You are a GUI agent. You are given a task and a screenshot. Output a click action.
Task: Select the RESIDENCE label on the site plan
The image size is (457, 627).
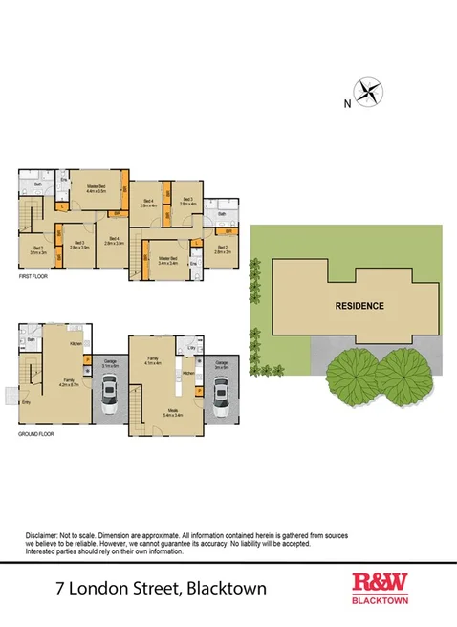point(359,307)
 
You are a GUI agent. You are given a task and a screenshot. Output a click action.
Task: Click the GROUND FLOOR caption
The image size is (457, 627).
point(37,433)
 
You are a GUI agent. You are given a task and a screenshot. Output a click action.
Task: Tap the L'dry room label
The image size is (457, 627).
point(192,347)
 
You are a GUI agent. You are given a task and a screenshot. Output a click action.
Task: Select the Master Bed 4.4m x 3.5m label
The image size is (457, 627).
point(96,189)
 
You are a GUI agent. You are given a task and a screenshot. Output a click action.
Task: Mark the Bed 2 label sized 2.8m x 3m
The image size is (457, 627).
point(223,250)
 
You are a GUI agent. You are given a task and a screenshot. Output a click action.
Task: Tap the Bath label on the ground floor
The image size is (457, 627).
point(31,339)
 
